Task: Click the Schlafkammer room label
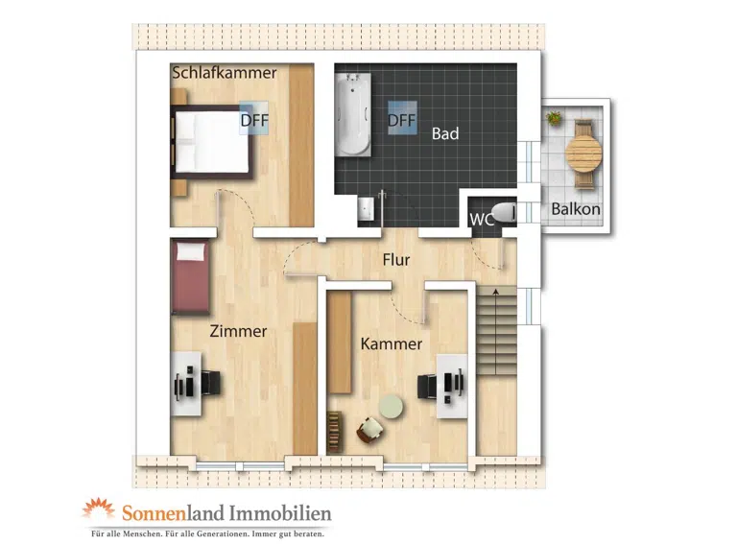(x=225, y=73)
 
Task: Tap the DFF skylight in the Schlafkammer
(x=253, y=118)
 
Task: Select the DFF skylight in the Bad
(x=402, y=118)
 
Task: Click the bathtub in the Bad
(x=354, y=114)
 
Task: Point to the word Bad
(x=445, y=134)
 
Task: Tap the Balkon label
(x=576, y=209)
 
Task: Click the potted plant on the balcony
(x=555, y=117)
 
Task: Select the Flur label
(x=396, y=260)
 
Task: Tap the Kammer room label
(x=392, y=343)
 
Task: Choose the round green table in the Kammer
(x=391, y=407)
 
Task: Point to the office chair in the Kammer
(x=427, y=387)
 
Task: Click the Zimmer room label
(x=238, y=331)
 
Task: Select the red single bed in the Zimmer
(x=190, y=276)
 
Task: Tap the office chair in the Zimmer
(x=211, y=384)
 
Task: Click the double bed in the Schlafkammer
(x=212, y=141)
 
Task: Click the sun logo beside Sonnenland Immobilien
(x=99, y=509)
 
